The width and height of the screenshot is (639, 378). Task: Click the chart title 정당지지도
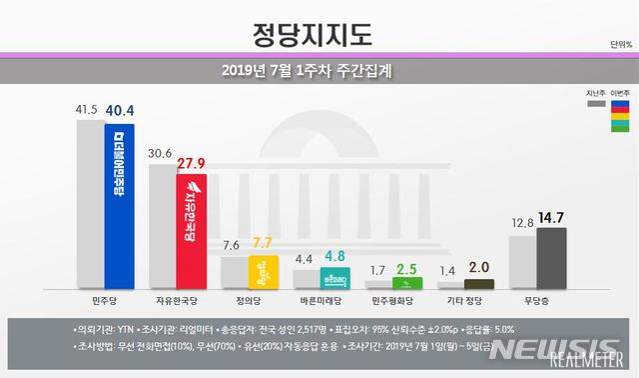coord(319,32)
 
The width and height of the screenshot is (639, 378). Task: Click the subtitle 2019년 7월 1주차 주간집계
coord(319,71)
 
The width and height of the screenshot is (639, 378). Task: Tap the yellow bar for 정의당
coord(263,272)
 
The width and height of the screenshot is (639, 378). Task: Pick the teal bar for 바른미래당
coord(333,278)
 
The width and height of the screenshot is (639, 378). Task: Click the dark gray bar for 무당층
coord(551,257)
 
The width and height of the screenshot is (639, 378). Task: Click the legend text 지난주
coord(594,91)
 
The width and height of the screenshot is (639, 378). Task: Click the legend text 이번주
coord(619,91)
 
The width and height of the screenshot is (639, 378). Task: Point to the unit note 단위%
coord(619,46)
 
